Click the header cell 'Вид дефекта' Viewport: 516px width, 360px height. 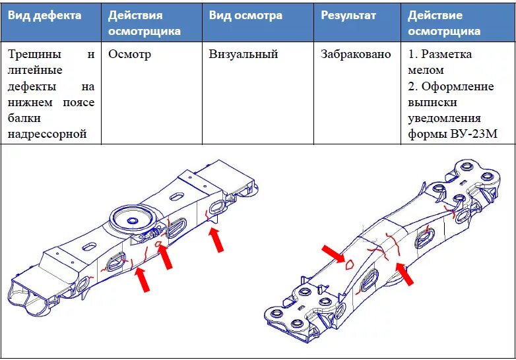click(x=45, y=15)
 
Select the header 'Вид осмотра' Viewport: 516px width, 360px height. click(x=245, y=15)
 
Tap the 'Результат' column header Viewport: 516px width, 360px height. click(x=349, y=15)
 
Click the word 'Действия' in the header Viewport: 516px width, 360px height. click(x=135, y=15)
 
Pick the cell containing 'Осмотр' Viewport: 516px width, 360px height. click(x=129, y=55)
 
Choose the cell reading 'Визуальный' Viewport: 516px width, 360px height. click(x=243, y=55)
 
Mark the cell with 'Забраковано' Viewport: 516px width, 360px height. click(x=356, y=55)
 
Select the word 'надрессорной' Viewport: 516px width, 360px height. click(x=48, y=135)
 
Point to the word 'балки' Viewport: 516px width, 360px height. click(x=24, y=119)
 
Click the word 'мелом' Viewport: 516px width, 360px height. click(x=426, y=71)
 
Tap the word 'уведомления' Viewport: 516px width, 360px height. click(x=444, y=119)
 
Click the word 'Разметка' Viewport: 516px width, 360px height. click(x=446, y=55)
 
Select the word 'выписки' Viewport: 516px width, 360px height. click(x=432, y=103)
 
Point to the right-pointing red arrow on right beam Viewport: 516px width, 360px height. click(x=333, y=253)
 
